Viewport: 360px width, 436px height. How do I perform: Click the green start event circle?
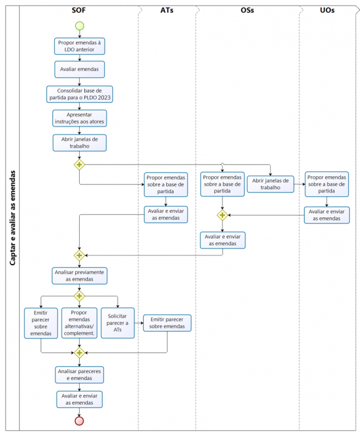(80, 26)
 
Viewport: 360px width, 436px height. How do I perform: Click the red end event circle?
(79, 420)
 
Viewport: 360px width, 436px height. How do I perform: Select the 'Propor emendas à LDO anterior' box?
(80, 46)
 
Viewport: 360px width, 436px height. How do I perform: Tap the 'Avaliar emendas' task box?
(80, 69)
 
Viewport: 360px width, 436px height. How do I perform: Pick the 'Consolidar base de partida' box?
(80, 94)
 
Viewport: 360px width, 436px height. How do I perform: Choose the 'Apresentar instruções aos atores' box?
(80, 118)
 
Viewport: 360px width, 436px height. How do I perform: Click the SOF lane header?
(78, 11)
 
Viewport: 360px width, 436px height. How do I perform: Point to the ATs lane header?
(167, 11)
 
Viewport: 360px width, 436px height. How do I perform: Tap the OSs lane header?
(247, 11)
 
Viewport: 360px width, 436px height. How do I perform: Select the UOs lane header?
(327, 11)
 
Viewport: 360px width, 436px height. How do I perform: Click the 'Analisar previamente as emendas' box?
(80, 276)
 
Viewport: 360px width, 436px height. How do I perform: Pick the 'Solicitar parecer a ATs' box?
(118, 323)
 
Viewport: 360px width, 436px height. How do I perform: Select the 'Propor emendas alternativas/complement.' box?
(79, 323)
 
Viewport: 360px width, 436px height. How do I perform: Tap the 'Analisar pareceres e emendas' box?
(80, 375)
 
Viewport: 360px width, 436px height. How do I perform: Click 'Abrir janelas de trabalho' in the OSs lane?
(270, 184)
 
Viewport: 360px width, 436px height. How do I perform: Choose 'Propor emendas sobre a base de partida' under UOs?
(326, 184)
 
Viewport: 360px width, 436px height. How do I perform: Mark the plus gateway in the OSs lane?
(222, 216)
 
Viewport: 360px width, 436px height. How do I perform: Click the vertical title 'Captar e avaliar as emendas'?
(12, 218)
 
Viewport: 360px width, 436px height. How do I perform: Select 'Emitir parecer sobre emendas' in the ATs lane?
(167, 323)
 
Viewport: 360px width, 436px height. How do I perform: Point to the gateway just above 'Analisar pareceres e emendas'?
(79, 353)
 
